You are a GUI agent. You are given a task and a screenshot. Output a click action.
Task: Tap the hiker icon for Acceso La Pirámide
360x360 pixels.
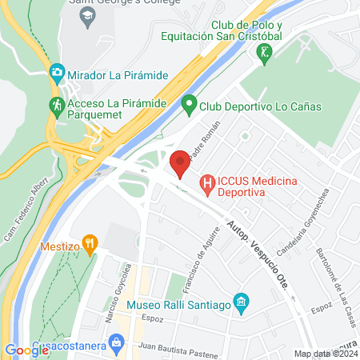click(x=57, y=105)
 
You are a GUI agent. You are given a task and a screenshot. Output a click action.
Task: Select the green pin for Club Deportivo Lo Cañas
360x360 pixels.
click(x=189, y=103)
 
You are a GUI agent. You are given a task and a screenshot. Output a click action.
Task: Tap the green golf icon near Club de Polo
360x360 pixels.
click(x=263, y=52)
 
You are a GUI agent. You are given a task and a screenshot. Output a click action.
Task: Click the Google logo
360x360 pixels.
click(x=26, y=350)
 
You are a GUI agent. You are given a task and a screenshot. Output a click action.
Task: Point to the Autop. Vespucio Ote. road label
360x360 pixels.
click(x=258, y=250)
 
